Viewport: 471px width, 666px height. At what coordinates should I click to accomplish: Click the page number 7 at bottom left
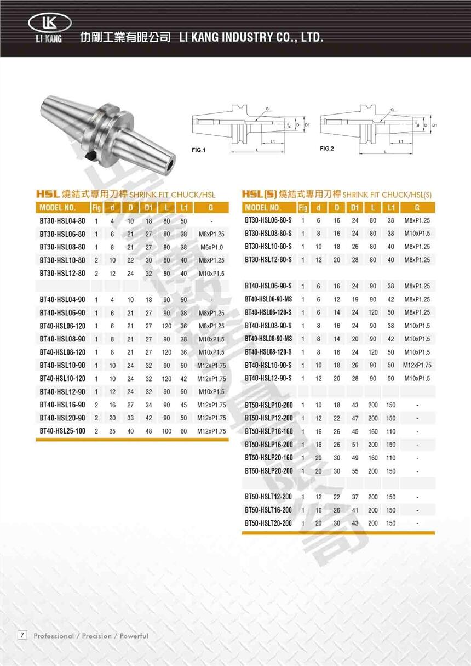pos(22,635)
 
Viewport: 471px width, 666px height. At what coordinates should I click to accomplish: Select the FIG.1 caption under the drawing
pos(198,150)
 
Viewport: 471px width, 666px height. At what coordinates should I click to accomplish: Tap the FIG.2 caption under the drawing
pos(327,149)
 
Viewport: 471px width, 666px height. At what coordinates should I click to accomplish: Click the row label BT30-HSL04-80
pos(62,221)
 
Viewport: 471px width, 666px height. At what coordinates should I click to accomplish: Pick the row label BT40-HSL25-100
pos(62,431)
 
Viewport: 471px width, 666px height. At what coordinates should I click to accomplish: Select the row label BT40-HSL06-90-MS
pos(268,299)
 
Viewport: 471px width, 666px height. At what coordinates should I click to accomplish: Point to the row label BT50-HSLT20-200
pos(269,523)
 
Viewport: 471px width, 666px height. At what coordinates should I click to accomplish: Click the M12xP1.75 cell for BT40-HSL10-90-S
pos(417,365)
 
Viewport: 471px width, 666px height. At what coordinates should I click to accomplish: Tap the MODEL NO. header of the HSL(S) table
pos(263,208)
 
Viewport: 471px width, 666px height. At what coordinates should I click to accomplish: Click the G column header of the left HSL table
pos(211,208)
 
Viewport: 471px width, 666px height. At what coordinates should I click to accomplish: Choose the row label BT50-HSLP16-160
pos(269,431)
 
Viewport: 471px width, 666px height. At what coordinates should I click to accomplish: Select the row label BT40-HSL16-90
pos(62,405)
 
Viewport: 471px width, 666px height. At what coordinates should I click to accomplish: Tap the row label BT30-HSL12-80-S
pos(268,260)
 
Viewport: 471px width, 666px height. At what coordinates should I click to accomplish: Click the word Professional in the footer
pos(54,636)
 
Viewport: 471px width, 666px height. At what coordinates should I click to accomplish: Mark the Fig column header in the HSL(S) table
pos(303,208)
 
